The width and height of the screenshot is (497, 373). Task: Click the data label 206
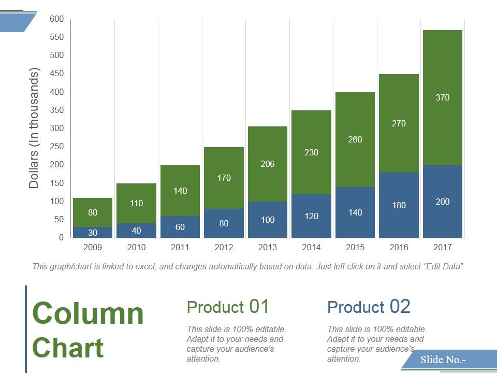pos(268,164)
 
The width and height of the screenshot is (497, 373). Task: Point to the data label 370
pos(443,97)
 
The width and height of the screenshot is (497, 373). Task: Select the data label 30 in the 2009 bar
pos(93,233)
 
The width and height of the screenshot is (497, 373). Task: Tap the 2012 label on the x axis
pos(224,248)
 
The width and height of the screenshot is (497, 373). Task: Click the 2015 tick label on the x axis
pos(355,248)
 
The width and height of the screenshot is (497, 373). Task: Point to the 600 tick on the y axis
pos(57,19)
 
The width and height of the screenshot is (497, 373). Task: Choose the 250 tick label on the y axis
pos(57,147)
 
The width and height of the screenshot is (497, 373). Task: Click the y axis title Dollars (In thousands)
pos(34,128)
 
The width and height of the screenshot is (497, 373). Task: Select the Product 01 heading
pos(228,307)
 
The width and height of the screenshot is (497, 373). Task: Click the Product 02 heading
pos(369,307)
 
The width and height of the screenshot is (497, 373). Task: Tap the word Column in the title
pos(88,313)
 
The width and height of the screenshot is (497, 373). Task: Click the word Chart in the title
pos(68,348)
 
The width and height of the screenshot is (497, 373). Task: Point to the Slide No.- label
pos(443,360)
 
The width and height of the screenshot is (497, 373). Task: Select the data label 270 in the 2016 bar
pos(399,123)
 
